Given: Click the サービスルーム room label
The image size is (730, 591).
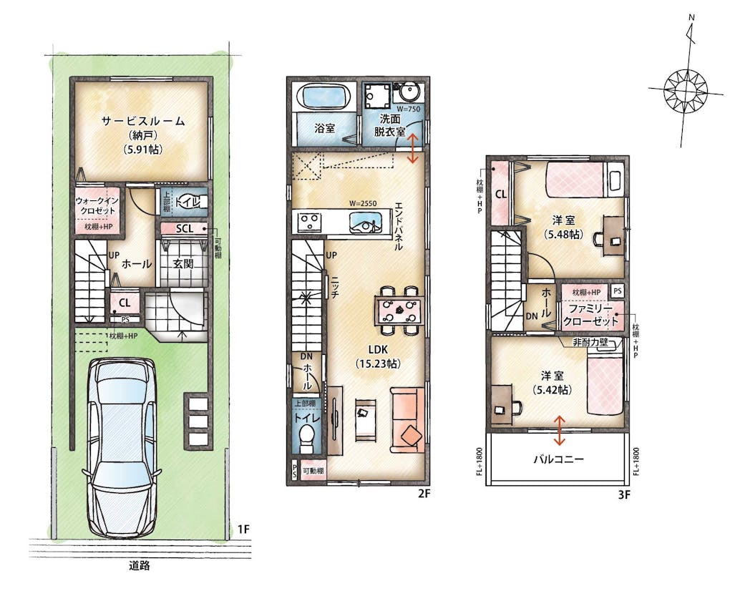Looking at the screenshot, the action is (x=143, y=122).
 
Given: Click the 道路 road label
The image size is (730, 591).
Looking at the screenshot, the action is (x=140, y=566).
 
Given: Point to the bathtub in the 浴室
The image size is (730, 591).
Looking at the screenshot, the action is (x=325, y=97).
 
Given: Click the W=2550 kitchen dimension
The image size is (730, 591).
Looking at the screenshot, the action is (x=363, y=203).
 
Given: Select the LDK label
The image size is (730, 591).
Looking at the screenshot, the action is (x=378, y=349).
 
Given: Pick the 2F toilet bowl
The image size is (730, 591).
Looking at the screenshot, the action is (x=307, y=439).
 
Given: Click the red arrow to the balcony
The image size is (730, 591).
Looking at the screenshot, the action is (x=559, y=430).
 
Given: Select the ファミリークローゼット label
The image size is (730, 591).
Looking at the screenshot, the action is (x=590, y=314).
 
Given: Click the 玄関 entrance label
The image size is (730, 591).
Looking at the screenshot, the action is (x=183, y=264).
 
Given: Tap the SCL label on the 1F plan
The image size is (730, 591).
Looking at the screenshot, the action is (x=185, y=229).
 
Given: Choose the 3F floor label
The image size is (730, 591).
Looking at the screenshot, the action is (x=624, y=494).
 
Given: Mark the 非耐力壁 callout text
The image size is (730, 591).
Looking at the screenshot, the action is (x=590, y=343).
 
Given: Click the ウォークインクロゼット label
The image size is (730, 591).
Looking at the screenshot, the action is (x=97, y=205).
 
